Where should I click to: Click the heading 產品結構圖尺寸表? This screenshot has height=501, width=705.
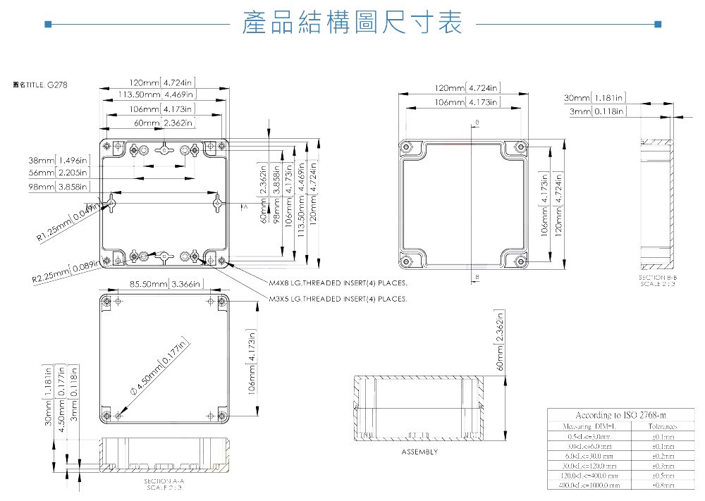pos(352,23)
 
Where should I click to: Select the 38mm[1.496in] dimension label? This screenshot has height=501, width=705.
pos(59,160)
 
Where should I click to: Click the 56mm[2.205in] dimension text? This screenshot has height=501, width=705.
pos(59,173)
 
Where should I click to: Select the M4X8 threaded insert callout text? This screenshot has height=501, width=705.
pos(338,285)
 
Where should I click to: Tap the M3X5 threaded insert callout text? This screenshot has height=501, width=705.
pos(338,299)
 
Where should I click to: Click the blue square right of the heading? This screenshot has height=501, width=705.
pos(658,24)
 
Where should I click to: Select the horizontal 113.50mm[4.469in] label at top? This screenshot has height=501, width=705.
pos(157,94)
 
